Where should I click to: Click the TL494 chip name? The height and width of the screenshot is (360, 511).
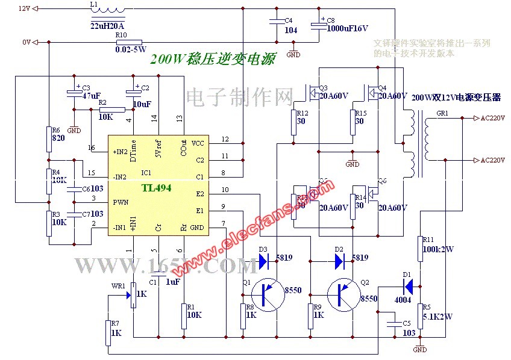tap(157, 188)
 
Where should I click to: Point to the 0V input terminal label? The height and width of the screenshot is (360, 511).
tap(25, 42)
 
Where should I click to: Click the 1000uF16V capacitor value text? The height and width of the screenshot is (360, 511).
tap(347, 28)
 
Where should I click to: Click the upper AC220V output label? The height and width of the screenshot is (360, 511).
tap(492, 119)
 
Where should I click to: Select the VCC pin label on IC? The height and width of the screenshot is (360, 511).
tap(198, 143)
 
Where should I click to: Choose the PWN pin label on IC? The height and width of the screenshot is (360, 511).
tap(121, 202)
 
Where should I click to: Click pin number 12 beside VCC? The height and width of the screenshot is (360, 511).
tap(225, 139)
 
